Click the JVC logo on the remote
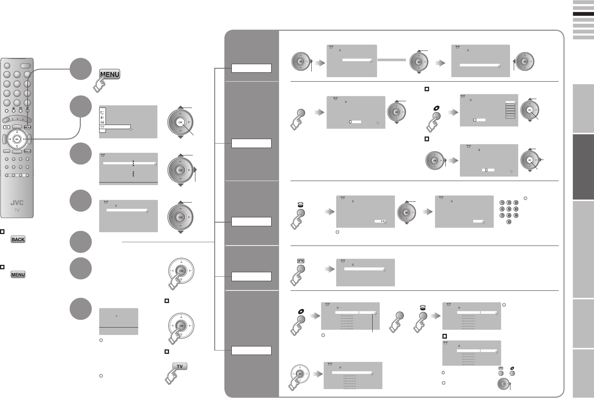(17, 203)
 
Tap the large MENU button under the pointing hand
(110, 74)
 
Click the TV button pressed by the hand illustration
(180, 366)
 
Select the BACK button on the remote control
(27, 151)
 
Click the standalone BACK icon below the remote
(18, 239)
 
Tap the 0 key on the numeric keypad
(509, 222)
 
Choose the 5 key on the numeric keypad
(509, 209)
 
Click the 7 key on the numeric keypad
(502, 215)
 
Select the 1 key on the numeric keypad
(502, 203)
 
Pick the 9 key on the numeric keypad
(516, 215)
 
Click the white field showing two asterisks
(380, 221)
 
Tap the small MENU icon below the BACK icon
(18, 275)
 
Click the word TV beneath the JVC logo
(17, 210)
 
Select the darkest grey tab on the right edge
(583, 167)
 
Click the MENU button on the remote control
(27, 127)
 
